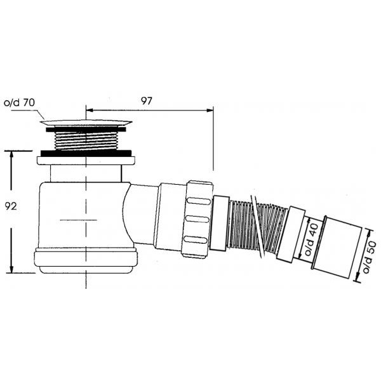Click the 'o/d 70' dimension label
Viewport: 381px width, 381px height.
click(19, 103)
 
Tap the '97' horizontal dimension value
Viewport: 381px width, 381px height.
click(147, 101)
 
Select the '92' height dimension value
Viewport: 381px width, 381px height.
click(11, 206)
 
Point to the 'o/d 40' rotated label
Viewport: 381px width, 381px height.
click(311, 240)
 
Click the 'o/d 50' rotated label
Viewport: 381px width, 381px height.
click(370, 257)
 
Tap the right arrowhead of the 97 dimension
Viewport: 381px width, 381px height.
click(210, 110)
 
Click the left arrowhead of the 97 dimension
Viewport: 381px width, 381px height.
click(90, 110)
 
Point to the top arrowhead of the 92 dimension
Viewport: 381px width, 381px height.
click(11, 154)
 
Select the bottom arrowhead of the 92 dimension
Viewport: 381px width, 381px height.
click(11, 269)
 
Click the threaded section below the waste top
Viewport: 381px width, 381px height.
click(86, 141)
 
